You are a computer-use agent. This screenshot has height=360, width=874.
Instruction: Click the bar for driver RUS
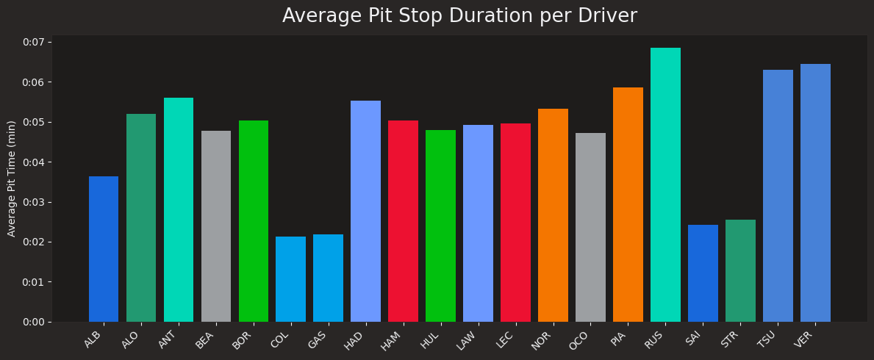[665, 185]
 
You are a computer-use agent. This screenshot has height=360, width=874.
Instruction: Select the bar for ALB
[104, 249]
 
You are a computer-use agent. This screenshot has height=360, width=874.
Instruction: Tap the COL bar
[290, 279]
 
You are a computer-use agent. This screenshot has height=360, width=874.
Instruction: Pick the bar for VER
[815, 193]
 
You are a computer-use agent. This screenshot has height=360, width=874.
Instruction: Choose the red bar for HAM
[403, 221]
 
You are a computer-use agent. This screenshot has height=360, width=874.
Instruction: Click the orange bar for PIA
[628, 205]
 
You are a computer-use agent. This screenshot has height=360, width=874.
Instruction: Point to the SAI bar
[703, 273]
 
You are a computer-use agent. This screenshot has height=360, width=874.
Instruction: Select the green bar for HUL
[440, 226]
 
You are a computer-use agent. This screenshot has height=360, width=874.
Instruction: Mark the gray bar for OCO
[590, 228]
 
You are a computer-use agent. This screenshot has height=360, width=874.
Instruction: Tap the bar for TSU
[778, 196]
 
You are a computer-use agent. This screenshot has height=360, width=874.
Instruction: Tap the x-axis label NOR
[542, 340]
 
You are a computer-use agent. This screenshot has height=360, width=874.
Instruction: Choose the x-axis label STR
[730, 339]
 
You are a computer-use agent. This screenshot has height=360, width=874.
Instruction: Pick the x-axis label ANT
[168, 339]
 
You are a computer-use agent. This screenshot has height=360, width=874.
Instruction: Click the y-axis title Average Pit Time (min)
[12, 179]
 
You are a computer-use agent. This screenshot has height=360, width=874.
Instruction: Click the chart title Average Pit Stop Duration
[459, 16]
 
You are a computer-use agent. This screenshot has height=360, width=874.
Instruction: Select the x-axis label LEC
[505, 339]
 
